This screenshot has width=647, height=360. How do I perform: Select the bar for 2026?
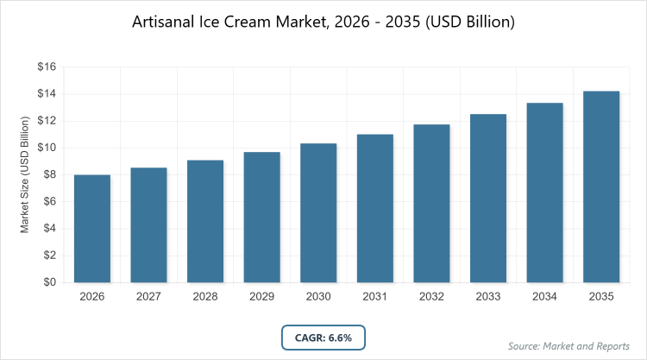pos(92,229)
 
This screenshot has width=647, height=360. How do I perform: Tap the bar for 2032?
pos(432,204)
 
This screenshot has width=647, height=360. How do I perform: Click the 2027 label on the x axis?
pos(148,297)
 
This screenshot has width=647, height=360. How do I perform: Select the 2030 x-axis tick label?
pos(318,297)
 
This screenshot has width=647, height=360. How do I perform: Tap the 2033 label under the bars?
pos(488,297)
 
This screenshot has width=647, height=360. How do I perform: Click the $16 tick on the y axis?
pos(47,66)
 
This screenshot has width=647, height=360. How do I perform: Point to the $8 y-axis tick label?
pos(49,174)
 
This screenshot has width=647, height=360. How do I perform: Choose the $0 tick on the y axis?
pos(49,282)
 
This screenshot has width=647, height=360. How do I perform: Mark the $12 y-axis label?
pos(47,121)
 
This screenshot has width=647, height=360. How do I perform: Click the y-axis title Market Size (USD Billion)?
pos(25,174)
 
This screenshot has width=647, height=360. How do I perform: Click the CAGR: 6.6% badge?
pos(323,336)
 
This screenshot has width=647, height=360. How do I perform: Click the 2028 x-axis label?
pos(205,297)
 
